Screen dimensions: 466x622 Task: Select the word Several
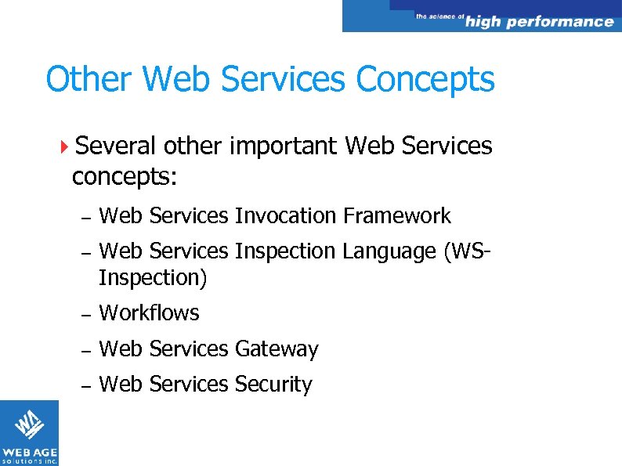(116, 146)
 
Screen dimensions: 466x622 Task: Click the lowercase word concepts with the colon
(125, 177)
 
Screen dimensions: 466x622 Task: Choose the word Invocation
(285, 216)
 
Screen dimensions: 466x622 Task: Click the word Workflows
(150, 313)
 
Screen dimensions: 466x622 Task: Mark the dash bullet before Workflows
(87, 314)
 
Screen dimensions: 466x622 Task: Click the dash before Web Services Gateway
(87, 350)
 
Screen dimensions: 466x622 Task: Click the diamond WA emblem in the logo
(29, 424)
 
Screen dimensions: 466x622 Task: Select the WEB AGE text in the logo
(29, 452)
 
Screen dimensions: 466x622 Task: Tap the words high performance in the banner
(539, 21)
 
